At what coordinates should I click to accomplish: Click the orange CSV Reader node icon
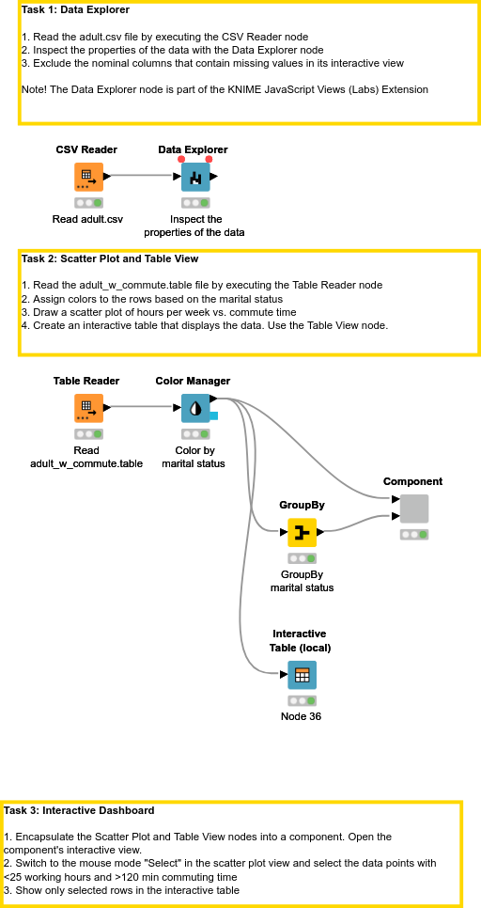pyautogui.click(x=88, y=177)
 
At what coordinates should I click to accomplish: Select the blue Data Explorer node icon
pyautogui.click(x=195, y=177)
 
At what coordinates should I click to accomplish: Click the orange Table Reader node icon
pyautogui.click(x=88, y=408)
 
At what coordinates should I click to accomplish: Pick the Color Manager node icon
pyautogui.click(x=195, y=408)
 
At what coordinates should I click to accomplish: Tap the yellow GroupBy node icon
pyautogui.click(x=302, y=532)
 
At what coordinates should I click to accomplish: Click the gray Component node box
pyautogui.click(x=414, y=509)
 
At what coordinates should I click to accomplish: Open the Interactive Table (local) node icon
pyautogui.click(x=302, y=674)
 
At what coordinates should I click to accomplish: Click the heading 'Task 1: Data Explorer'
pyautogui.click(x=76, y=9)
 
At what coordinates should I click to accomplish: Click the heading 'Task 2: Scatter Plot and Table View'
pyautogui.click(x=109, y=258)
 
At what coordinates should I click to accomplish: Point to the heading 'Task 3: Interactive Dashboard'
pyautogui.click(x=79, y=810)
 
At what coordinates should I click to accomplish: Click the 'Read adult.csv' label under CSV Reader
pyautogui.click(x=87, y=219)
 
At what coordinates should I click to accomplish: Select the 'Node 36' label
pyautogui.click(x=302, y=716)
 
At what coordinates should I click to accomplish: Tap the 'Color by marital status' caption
pyautogui.click(x=194, y=457)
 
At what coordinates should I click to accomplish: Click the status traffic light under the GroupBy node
pyautogui.click(x=302, y=557)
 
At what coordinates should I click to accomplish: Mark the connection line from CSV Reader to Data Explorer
pyautogui.click(x=141, y=176)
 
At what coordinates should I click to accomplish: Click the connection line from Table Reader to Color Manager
pyautogui.click(x=141, y=407)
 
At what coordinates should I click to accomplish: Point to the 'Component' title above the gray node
pyautogui.click(x=412, y=481)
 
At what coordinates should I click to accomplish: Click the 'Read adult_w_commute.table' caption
pyautogui.click(x=86, y=457)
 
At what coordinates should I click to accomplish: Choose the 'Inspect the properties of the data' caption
pyautogui.click(x=194, y=226)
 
